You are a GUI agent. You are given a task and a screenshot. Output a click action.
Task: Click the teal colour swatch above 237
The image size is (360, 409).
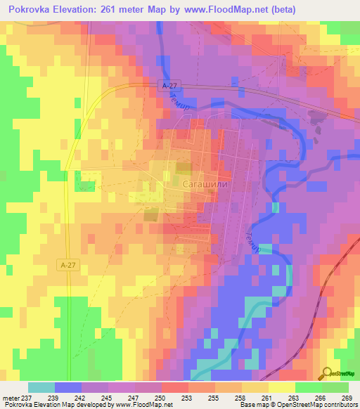point(41,387)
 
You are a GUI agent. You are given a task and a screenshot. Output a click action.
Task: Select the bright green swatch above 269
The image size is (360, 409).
point(335,387)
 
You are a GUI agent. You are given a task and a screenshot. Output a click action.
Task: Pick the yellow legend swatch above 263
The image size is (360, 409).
point(282,387)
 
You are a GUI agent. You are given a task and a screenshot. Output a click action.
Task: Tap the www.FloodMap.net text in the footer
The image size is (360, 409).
point(138,405)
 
